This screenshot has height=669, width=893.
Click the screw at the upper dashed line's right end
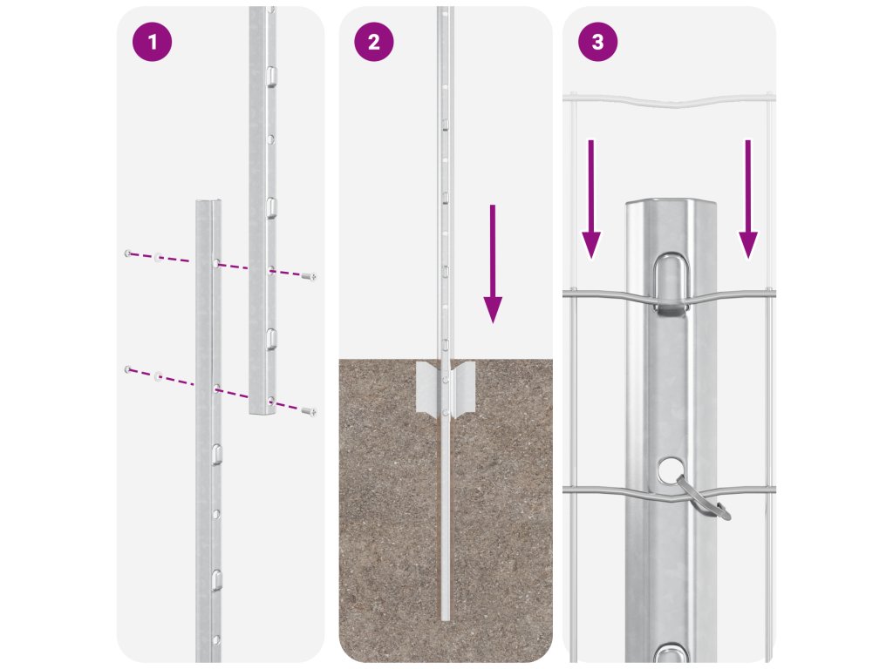pyautogui.click(x=308, y=276)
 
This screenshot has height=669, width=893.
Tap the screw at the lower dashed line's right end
pyautogui.click(x=308, y=409)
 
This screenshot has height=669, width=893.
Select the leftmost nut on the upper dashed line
pyautogui.click(x=128, y=253)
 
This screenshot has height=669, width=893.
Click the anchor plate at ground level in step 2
pyautogui.click(x=445, y=388)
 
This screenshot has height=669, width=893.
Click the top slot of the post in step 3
pyautogui.click(x=671, y=280)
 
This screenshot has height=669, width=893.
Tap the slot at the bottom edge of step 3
pyautogui.click(x=671, y=652)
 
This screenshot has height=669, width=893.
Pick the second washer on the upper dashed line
pyautogui.click(x=159, y=257)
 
